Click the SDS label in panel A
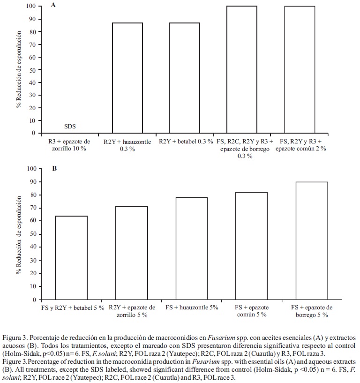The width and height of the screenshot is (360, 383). (69, 127)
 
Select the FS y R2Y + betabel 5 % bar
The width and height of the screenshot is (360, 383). (72, 258)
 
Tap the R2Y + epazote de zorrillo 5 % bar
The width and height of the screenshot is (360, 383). (132, 253)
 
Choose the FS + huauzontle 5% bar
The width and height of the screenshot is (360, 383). (192, 248)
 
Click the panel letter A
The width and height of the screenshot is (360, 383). (53, 6)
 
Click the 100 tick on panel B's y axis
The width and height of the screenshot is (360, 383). (30, 168)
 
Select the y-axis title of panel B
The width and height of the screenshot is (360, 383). (19, 234)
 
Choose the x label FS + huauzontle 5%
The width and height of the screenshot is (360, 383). (192, 308)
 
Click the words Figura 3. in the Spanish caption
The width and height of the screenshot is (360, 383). (15, 338)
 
